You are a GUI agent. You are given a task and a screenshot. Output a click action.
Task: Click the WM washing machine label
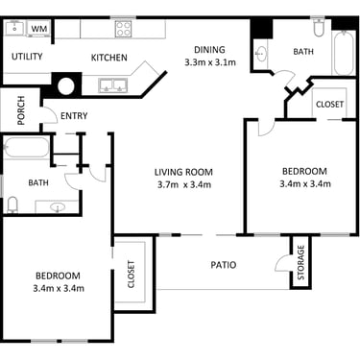click(39, 28)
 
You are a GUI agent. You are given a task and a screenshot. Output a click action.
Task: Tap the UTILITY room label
click(27, 57)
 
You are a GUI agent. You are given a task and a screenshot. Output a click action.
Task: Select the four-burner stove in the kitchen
click(123, 28)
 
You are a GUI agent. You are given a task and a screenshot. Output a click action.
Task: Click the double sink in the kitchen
click(113, 85)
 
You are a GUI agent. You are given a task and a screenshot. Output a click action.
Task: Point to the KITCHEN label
click(109, 58)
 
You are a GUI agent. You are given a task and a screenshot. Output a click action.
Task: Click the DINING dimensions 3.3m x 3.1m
click(210, 62)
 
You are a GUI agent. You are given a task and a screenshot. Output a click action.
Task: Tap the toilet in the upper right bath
click(319, 27)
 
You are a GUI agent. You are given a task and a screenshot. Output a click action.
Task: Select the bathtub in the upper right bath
click(344, 53)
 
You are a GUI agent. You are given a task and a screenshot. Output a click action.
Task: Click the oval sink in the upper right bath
click(261, 54)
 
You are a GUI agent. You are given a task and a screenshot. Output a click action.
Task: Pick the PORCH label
click(21, 110)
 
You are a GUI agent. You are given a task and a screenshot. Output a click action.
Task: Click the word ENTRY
click(74, 116)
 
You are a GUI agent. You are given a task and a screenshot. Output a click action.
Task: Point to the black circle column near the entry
click(66, 85)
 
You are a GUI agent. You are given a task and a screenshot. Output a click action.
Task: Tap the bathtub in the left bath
click(27, 148)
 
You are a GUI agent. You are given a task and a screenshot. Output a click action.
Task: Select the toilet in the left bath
click(12, 204)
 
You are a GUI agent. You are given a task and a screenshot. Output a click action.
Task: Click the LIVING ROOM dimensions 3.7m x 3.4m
click(184, 184)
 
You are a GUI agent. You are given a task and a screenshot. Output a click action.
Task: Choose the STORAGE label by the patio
click(300, 262)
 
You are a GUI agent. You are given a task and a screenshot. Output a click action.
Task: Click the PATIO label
click(224, 265)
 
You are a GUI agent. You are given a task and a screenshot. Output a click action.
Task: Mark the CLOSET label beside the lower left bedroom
click(132, 275)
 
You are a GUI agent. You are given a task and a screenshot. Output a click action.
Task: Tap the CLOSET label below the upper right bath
click(329, 105)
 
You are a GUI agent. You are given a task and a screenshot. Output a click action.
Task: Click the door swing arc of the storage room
click(279, 260)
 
